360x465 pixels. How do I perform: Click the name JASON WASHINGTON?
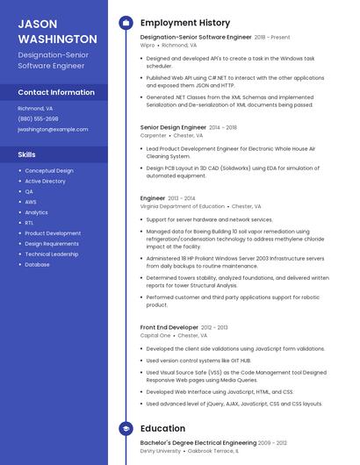coord(57,32)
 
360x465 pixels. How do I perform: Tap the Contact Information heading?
coord(56,92)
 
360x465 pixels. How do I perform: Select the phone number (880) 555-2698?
coord(38,118)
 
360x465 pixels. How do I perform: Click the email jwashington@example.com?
coord(53,129)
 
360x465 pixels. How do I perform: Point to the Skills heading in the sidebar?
coord(26,154)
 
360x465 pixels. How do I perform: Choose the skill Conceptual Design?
coord(49,171)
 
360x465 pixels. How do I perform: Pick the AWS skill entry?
coord(31,202)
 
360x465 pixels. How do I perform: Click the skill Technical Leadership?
coord(51,254)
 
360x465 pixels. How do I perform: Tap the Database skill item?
coord(37,264)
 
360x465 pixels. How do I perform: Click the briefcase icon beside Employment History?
coord(126,23)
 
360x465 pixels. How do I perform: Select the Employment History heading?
coord(185,23)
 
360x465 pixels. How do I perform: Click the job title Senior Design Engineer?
coord(173,127)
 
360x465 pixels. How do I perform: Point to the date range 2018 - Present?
coord(272,38)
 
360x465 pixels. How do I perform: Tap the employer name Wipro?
coord(148,46)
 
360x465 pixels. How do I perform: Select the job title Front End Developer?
coord(169,327)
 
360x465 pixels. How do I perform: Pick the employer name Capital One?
coord(155,335)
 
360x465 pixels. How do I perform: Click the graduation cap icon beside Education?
coord(126,429)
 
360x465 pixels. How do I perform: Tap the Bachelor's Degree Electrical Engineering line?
coord(198,443)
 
